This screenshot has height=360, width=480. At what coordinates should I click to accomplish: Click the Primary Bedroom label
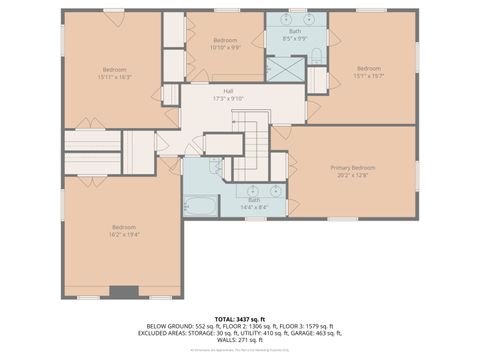pyautogui.click(x=353, y=167)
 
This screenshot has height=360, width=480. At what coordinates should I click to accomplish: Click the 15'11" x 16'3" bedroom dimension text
pyautogui.click(x=113, y=76)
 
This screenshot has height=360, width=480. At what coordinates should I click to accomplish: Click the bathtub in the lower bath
pyautogui.click(x=200, y=207)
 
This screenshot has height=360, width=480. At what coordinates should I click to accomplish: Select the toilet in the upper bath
pyautogui.click(x=316, y=55)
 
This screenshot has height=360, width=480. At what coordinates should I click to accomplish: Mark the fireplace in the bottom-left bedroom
pyautogui.click(x=124, y=292)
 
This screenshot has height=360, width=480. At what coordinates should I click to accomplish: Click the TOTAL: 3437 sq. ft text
pyautogui.click(x=239, y=317)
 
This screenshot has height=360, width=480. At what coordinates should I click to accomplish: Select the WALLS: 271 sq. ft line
pyautogui.click(x=239, y=341)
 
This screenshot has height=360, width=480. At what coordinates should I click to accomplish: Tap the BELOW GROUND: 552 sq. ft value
pyautogui.click(x=179, y=326)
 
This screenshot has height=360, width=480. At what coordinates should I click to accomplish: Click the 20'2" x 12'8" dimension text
pyautogui.click(x=353, y=174)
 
